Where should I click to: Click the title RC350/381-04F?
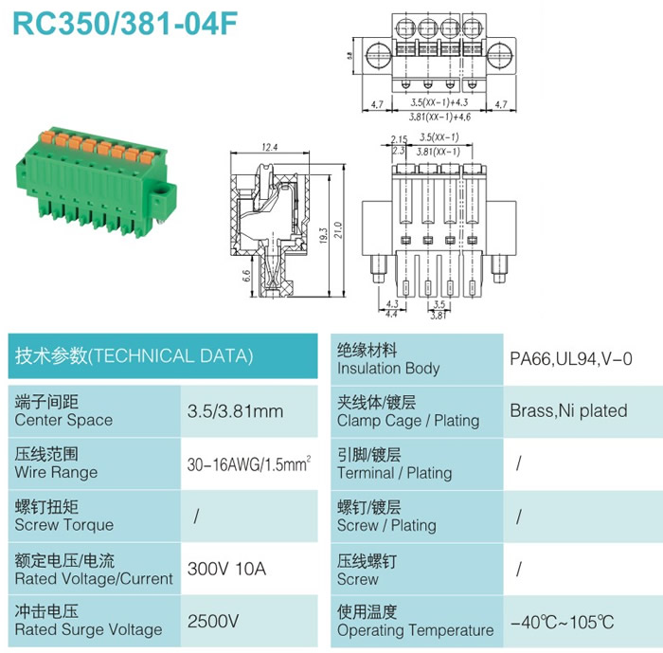(x=125, y=23)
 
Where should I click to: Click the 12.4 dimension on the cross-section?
(x=270, y=147)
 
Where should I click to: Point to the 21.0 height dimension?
(x=338, y=229)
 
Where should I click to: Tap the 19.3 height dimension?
(x=324, y=235)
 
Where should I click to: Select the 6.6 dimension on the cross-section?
(x=246, y=276)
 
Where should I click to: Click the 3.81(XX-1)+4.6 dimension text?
(x=439, y=117)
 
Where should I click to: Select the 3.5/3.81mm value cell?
(x=235, y=411)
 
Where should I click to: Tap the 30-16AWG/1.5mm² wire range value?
(x=249, y=463)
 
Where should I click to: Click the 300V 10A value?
(x=226, y=569)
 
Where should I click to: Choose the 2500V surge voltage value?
(x=213, y=622)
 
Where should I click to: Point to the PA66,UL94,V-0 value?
(x=571, y=359)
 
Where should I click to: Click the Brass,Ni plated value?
(x=568, y=411)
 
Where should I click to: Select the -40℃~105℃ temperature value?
(x=562, y=623)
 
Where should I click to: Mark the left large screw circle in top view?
(x=378, y=55)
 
